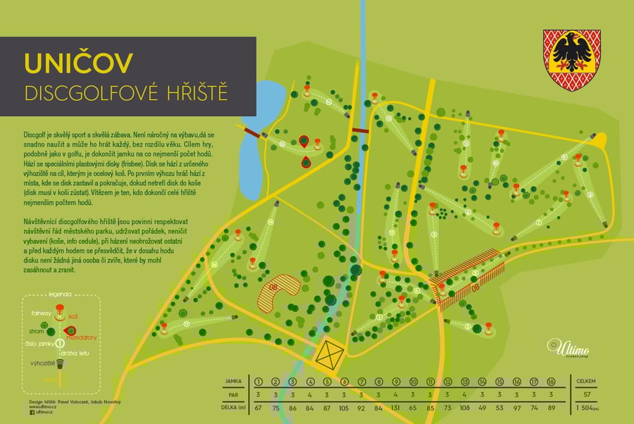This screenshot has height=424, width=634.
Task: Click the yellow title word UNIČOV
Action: (x=78, y=63)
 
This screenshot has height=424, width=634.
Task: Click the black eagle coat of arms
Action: (x=571, y=61)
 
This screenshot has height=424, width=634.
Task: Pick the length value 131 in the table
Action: (x=396, y=406)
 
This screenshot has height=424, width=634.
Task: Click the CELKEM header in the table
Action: (x=587, y=381)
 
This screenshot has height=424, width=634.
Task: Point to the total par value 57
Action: (x=587, y=394)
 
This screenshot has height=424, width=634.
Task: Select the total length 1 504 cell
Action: (x=587, y=406)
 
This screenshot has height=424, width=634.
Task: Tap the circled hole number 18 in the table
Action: (x=552, y=381)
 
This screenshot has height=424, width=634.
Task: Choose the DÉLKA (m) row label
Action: (x=233, y=406)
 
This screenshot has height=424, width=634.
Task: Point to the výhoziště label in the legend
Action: (x=39, y=362)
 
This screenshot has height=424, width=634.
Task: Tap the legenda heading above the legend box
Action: (x=61, y=294)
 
